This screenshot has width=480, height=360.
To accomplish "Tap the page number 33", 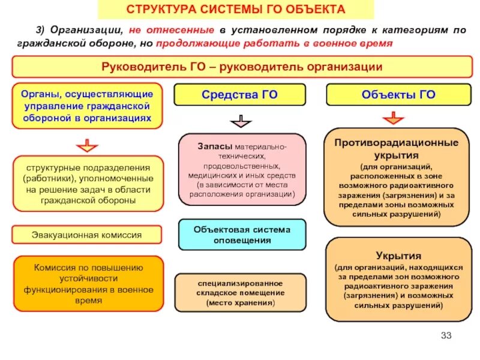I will [445, 335].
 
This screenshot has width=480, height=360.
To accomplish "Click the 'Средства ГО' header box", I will [239, 94].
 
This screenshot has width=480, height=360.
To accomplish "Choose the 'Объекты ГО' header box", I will [398, 94].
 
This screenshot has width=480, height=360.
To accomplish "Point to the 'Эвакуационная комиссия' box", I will [87, 235].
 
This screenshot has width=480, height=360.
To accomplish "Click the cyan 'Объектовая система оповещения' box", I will [242, 235].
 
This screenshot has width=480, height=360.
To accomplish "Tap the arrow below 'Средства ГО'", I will [240, 122].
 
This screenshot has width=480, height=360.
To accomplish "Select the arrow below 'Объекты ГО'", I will [393, 118].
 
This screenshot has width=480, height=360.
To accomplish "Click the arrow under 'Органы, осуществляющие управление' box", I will [87, 145].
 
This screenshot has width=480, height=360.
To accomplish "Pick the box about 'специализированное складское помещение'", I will [240, 292].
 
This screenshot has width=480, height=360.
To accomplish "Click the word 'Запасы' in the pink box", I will [215, 147].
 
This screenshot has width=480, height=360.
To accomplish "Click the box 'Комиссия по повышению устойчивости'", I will [88, 283].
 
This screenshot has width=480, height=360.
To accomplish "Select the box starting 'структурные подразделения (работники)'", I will [88, 184].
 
